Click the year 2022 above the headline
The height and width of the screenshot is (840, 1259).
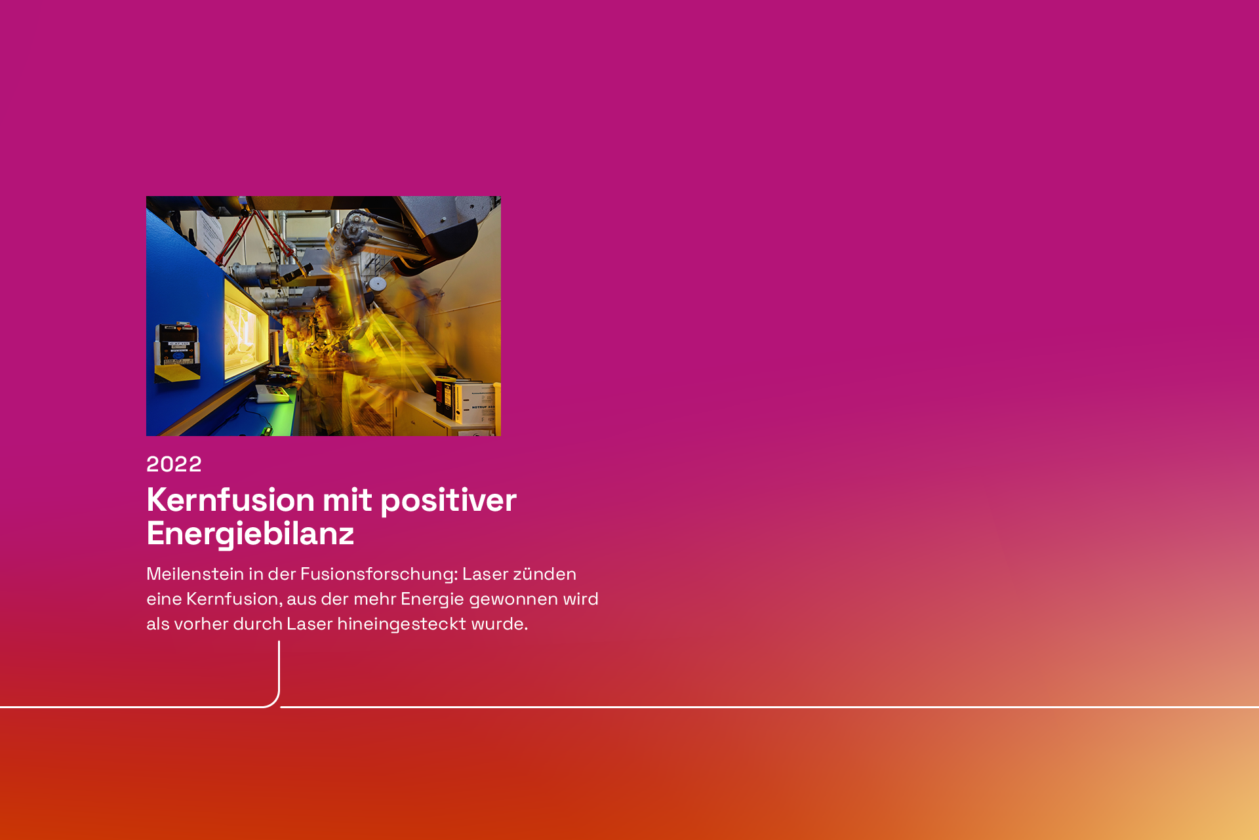174,464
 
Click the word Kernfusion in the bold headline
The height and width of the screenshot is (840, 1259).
231,500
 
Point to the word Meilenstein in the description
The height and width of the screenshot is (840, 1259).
195,574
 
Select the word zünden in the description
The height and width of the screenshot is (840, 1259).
544,574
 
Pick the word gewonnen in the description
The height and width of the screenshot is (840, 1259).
513,600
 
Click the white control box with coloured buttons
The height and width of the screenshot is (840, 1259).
273,393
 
